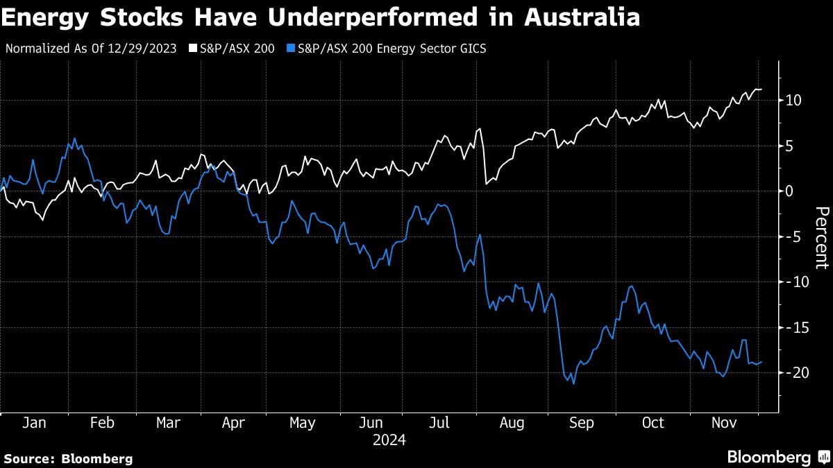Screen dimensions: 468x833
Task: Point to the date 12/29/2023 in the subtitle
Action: [x=148, y=49]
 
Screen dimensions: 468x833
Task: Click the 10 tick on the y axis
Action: [x=794, y=101]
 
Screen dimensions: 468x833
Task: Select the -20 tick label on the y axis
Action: [x=791, y=372]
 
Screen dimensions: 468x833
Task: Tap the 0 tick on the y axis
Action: [x=790, y=191]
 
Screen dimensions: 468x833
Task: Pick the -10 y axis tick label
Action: [x=791, y=282]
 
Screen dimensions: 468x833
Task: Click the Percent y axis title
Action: [x=821, y=237]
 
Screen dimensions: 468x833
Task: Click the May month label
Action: [x=301, y=423]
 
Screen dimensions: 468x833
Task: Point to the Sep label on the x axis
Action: [x=581, y=423]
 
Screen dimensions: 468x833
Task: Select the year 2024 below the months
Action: [x=389, y=440]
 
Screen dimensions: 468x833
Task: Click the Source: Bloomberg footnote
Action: [x=68, y=458]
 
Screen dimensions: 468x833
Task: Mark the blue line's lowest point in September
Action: [x=573, y=383]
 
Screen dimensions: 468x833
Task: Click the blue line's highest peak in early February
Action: [x=74, y=138]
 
